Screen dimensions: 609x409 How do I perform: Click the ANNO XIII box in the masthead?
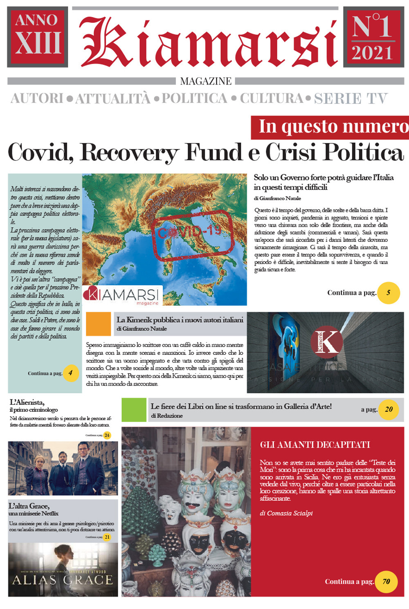[x=38, y=37]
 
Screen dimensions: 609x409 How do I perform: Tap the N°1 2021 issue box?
[x=373, y=37]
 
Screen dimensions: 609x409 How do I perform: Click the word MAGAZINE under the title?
[x=206, y=81]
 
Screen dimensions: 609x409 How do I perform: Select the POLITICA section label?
[x=194, y=99]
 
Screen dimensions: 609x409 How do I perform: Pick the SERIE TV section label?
[x=351, y=99]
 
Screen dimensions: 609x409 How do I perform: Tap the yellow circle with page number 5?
[x=388, y=293]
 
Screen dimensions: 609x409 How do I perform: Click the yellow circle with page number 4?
[x=70, y=373]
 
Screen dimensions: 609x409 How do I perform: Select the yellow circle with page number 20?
[x=389, y=409]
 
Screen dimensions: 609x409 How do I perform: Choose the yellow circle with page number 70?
[x=386, y=581]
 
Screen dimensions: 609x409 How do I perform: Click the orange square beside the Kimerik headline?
[x=99, y=324]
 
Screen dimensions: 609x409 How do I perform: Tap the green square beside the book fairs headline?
[x=134, y=409]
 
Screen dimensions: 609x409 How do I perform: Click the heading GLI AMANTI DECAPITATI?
[x=315, y=445]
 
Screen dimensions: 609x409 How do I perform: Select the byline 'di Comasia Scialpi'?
[x=286, y=513]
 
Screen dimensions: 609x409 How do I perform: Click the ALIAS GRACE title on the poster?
[x=63, y=580]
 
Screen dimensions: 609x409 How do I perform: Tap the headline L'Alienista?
[x=27, y=402]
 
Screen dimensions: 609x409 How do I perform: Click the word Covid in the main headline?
[x=40, y=152]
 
